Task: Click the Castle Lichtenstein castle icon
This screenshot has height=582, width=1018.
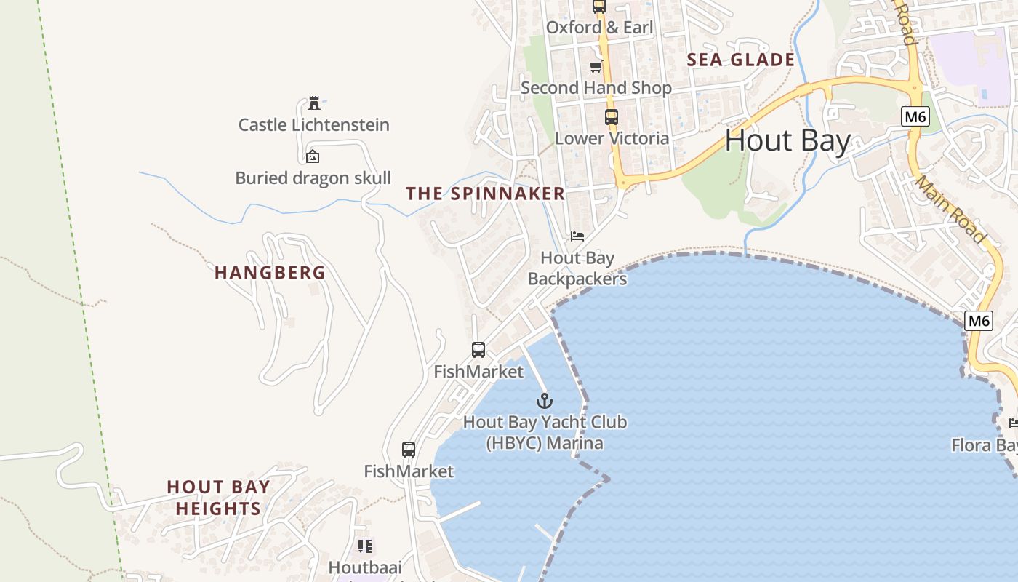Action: coord(314,103)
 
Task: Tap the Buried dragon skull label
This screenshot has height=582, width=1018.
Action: coord(313,178)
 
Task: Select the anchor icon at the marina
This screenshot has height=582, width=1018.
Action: coord(545,401)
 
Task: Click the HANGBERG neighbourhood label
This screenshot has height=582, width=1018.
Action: coord(270,273)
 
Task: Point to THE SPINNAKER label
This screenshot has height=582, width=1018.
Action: coord(485,194)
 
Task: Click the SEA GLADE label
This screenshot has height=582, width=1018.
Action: coord(740,60)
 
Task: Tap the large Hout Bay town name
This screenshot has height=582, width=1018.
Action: coord(787,140)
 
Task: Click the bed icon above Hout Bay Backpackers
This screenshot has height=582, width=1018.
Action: coord(577,236)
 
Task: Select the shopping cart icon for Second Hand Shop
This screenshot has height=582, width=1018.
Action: coord(596,67)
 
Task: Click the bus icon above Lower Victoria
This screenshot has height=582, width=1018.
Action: coord(611,116)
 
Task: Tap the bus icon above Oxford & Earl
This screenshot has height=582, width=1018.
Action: coord(598,7)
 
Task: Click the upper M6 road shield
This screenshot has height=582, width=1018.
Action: coord(915,116)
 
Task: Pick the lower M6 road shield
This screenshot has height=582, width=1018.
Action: coord(979,320)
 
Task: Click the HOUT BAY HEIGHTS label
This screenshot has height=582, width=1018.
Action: coord(218,498)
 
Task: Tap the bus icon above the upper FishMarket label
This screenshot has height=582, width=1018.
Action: coord(478,350)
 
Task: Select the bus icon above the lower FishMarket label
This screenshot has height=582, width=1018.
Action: coord(409,450)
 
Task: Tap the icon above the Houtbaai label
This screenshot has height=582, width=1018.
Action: coord(365,546)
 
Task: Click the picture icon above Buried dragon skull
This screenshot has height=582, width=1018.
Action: coord(313,156)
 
